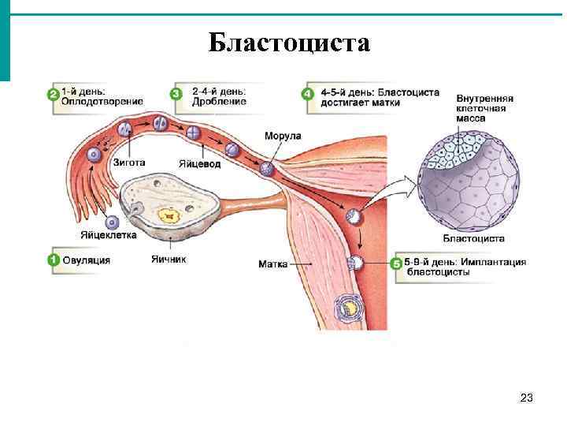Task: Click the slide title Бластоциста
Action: pyautogui.click(x=289, y=42)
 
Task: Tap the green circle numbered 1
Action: pyautogui.click(x=54, y=260)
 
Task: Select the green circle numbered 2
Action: pyautogui.click(x=54, y=95)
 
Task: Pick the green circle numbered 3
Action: pyautogui.click(x=176, y=95)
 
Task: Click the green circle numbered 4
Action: pyautogui.click(x=308, y=95)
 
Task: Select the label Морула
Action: pyautogui.click(x=282, y=137)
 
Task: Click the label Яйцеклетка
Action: pyautogui.click(x=108, y=234)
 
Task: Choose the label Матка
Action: pyautogui.click(x=272, y=263)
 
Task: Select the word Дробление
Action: pyautogui.click(x=219, y=101)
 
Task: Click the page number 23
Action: pyautogui.click(x=527, y=399)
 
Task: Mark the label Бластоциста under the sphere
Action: pyautogui.click(x=474, y=237)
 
